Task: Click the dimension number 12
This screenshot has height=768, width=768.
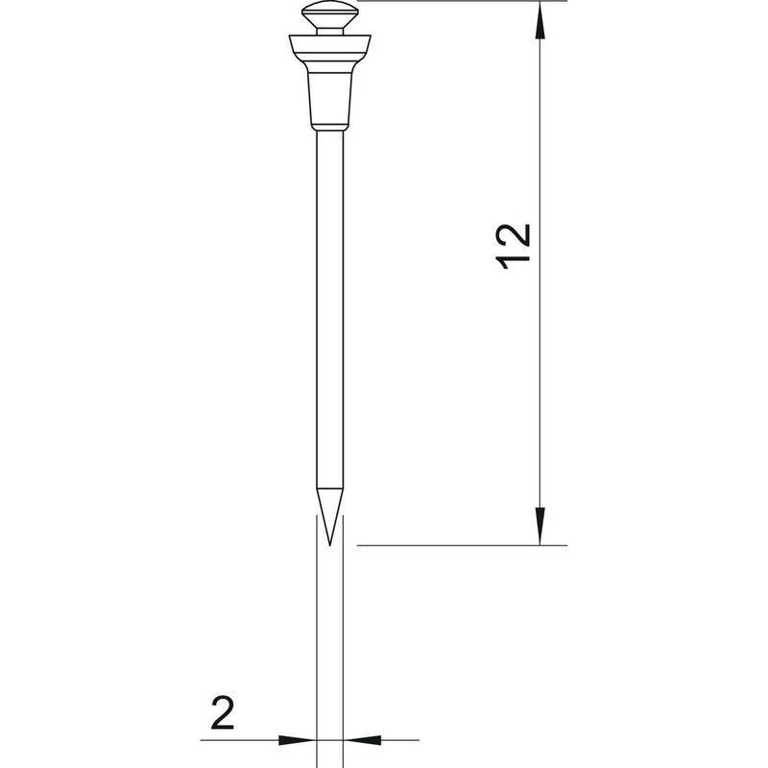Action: pyautogui.click(x=514, y=247)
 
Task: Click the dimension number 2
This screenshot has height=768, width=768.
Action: pyautogui.click(x=223, y=712)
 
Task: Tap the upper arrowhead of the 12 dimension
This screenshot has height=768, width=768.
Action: pyautogui.click(x=540, y=19)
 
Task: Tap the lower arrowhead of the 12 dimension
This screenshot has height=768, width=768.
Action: pyautogui.click(x=540, y=526)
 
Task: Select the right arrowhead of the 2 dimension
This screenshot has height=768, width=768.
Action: pyautogui.click(x=363, y=740)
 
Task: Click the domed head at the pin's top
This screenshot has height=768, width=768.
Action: pyautogui.click(x=329, y=13)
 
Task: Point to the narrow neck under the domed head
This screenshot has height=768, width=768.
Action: pyautogui.click(x=329, y=32)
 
